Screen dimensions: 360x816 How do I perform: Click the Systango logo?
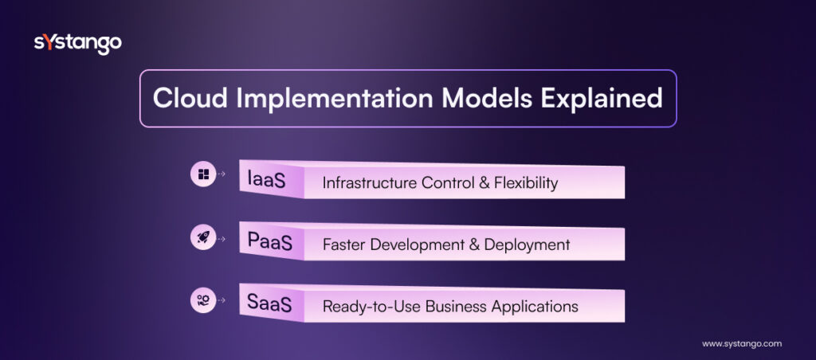77,43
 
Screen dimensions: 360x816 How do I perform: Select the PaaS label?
269,243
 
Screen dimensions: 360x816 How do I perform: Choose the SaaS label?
269,304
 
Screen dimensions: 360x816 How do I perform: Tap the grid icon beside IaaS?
203,174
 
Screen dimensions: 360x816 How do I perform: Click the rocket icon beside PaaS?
203,237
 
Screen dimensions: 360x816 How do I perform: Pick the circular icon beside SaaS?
203,299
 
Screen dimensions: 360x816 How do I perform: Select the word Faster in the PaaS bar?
344,245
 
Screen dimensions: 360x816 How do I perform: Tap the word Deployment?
531,245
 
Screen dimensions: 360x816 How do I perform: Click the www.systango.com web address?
741,343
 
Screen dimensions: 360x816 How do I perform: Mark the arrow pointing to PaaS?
222,237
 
